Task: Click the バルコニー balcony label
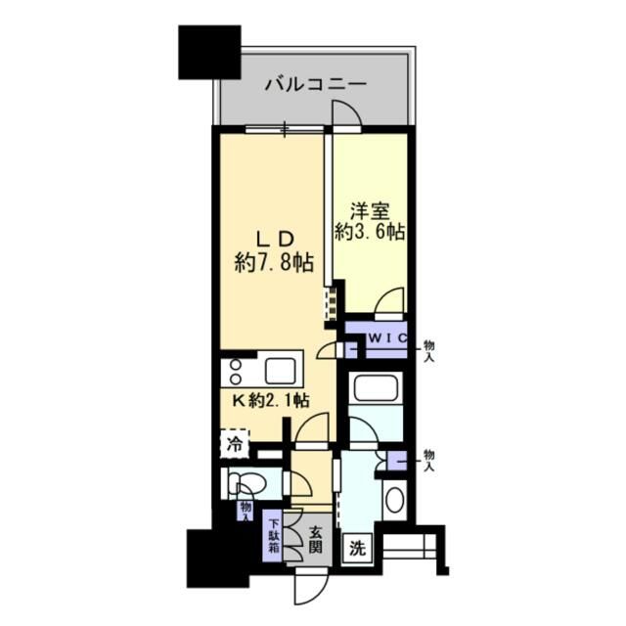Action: [315, 84]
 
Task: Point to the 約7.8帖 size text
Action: [274, 262]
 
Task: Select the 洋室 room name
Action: [371, 208]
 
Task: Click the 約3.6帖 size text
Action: [371, 233]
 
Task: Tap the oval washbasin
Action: [394, 500]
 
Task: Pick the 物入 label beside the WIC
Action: [428, 351]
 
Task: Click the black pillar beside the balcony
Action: [208, 53]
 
